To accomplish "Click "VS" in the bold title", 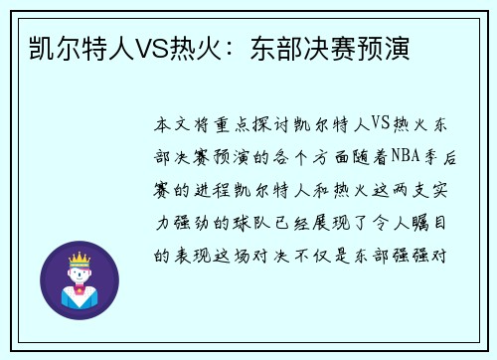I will (147, 49).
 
